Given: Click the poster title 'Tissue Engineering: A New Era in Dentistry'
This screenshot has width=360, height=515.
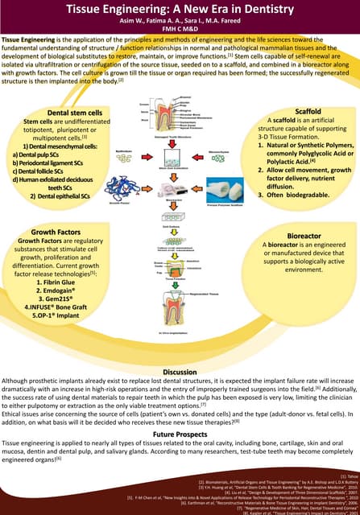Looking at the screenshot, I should (180, 9).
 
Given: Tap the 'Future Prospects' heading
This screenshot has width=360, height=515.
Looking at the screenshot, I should (180, 433).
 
